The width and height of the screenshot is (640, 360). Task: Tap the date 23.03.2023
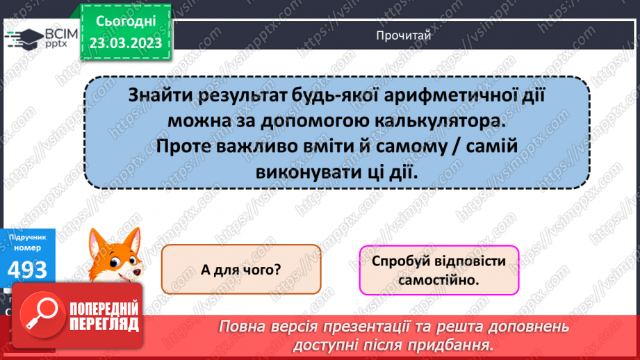[x=125, y=43]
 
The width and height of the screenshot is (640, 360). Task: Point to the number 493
[x=28, y=268]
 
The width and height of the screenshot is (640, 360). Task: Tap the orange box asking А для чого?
[x=241, y=269]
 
